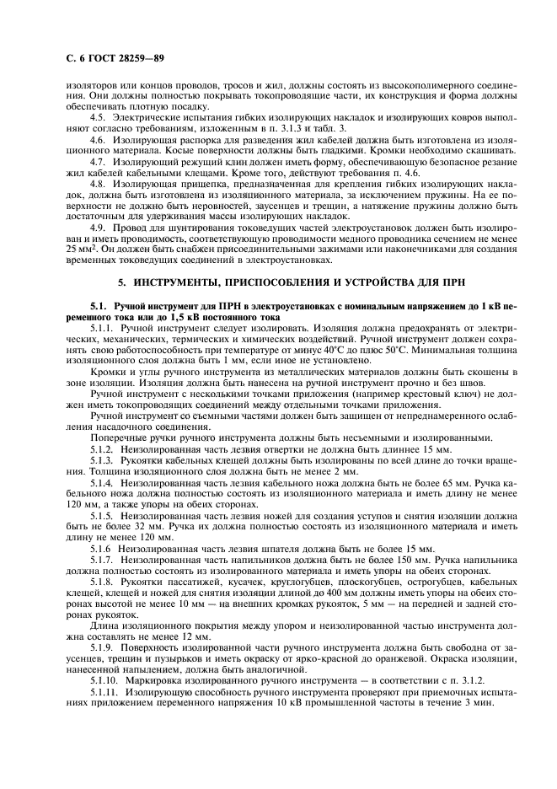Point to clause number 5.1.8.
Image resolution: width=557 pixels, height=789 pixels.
(102, 581)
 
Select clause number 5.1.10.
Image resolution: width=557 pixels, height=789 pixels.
(104, 679)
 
